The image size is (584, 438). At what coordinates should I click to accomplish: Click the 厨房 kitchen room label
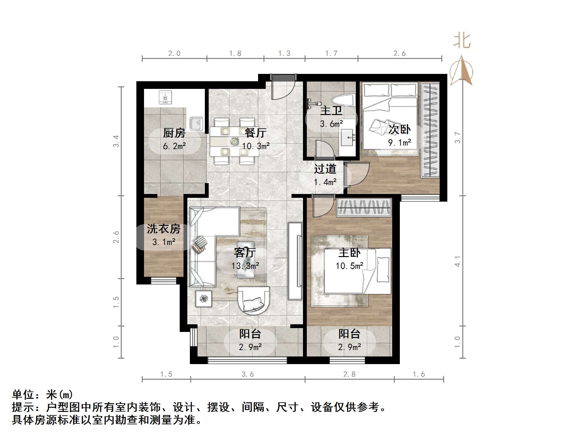tap(174, 133)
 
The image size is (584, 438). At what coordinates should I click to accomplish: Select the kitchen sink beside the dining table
tap(196, 124)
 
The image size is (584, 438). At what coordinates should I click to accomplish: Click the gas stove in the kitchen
tap(165, 97)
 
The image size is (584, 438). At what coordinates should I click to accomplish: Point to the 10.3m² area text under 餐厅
tap(256, 146)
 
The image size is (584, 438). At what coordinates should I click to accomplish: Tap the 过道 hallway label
tap(325, 169)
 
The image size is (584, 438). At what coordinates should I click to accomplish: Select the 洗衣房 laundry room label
tap(163, 228)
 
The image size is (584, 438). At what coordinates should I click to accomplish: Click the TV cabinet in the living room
tap(295, 261)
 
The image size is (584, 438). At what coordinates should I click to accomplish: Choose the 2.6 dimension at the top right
tap(400, 54)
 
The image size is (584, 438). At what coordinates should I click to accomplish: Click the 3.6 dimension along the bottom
tap(248, 374)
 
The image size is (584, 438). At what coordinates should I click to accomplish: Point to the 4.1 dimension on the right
tap(458, 261)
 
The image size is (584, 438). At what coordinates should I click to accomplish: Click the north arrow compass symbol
tap(461, 72)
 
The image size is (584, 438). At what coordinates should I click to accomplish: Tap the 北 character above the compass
tap(462, 41)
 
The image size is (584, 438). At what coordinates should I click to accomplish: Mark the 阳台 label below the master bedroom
tap(349, 334)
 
